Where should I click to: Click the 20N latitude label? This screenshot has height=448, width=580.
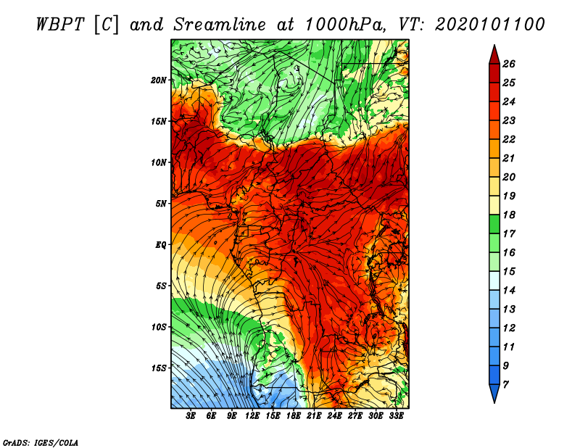(x=159, y=80)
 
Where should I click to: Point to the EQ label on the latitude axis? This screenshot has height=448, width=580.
(x=161, y=244)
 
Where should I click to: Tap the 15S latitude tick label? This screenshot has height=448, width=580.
(x=159, y=368)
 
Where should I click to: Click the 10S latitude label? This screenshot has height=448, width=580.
(x=159, y=327)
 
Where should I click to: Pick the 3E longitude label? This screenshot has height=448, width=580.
(x=191, y=416)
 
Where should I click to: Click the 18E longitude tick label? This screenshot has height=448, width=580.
(x=294, y=416)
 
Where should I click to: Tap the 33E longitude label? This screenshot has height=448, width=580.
(x=396, y=416)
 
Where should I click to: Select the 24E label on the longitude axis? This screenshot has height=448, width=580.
(x=335, y=416)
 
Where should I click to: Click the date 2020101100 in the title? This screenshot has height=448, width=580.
(x=490, y=25)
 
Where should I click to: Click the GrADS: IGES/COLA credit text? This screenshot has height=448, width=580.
(x=41, y=441)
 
